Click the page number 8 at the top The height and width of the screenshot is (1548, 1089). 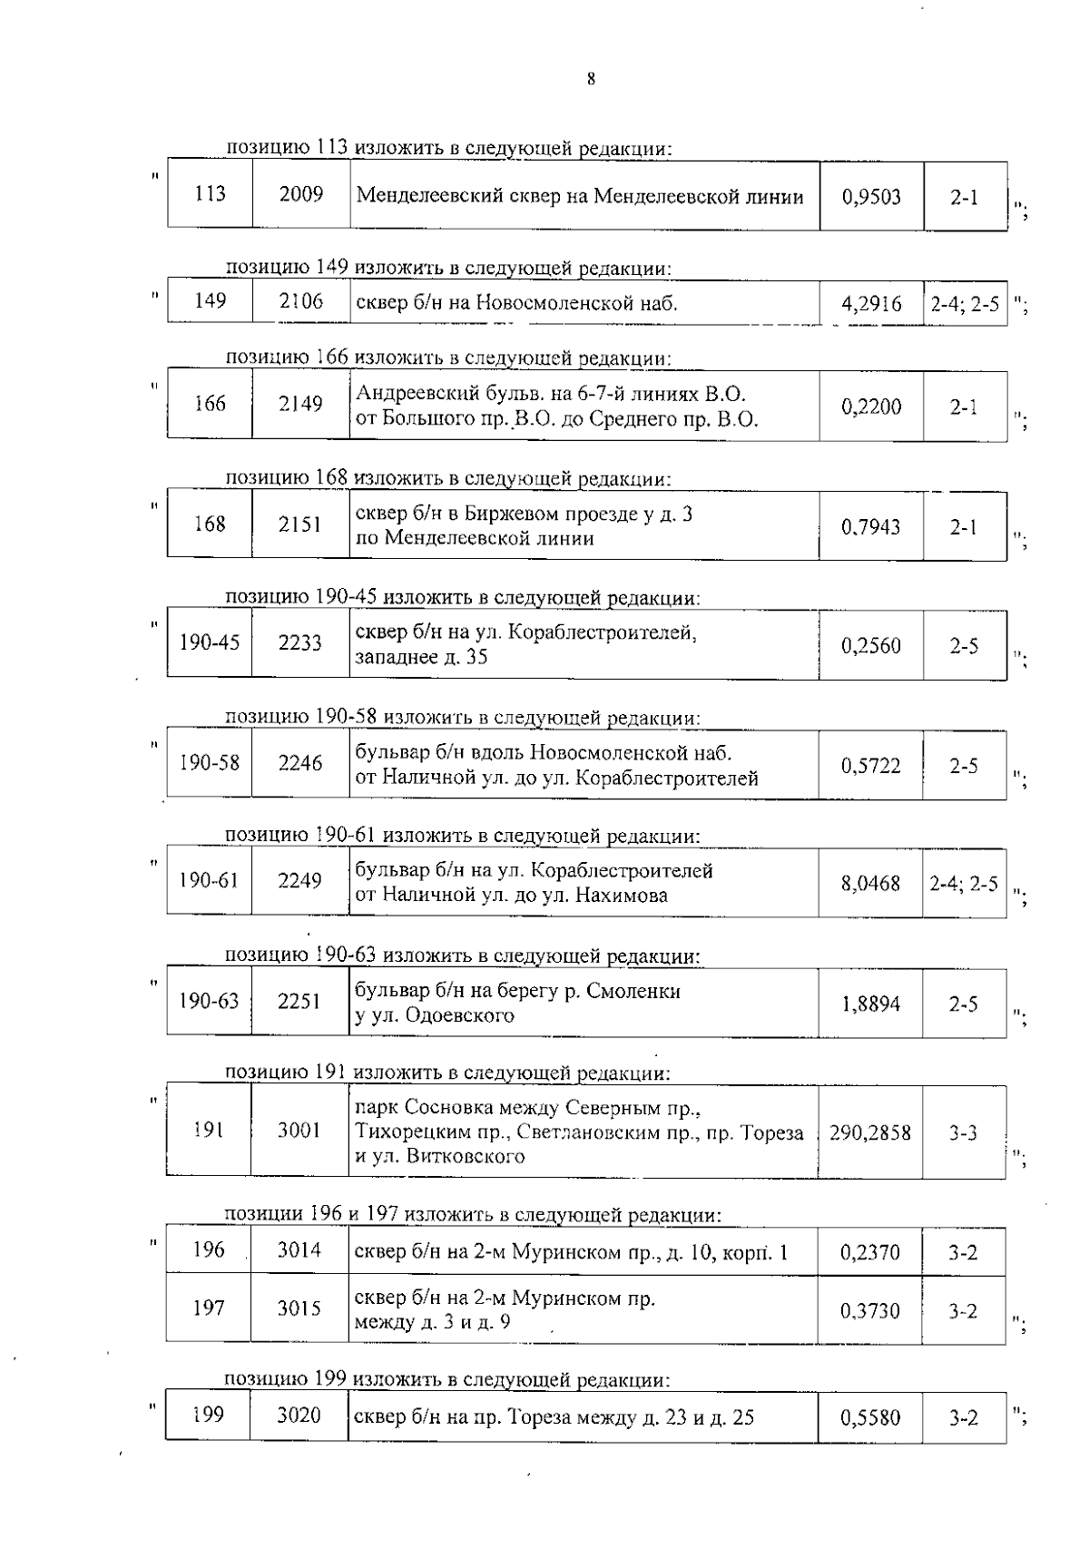(x=591, y=80)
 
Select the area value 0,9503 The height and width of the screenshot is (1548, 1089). (x=871, y=197)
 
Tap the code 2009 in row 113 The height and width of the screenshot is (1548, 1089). (x=301, y=194)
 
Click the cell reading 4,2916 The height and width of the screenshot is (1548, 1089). (x=871, y=304)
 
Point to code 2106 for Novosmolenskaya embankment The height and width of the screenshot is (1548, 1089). (x=301, y=301)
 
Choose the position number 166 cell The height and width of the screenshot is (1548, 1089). (x=210, y=404)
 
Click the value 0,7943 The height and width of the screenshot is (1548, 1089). (x=871, y=526)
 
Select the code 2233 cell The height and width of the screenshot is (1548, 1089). (x=300, y=644)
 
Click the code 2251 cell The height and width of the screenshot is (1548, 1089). (x=299, y=1002)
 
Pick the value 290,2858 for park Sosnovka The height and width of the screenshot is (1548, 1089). (x=869, y=1132)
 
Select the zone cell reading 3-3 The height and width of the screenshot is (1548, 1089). (x=963, y=1132)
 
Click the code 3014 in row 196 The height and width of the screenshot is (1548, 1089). (x=299, y=1250)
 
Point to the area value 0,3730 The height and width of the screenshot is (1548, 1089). (x=870, y=1310)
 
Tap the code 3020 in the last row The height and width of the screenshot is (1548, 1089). (x=299, y=1416)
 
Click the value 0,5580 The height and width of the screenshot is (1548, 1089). (x=870, y=1418)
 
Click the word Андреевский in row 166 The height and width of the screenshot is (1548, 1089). (x=414, y=394)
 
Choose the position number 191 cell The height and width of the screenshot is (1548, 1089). (x=209, y=1130)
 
